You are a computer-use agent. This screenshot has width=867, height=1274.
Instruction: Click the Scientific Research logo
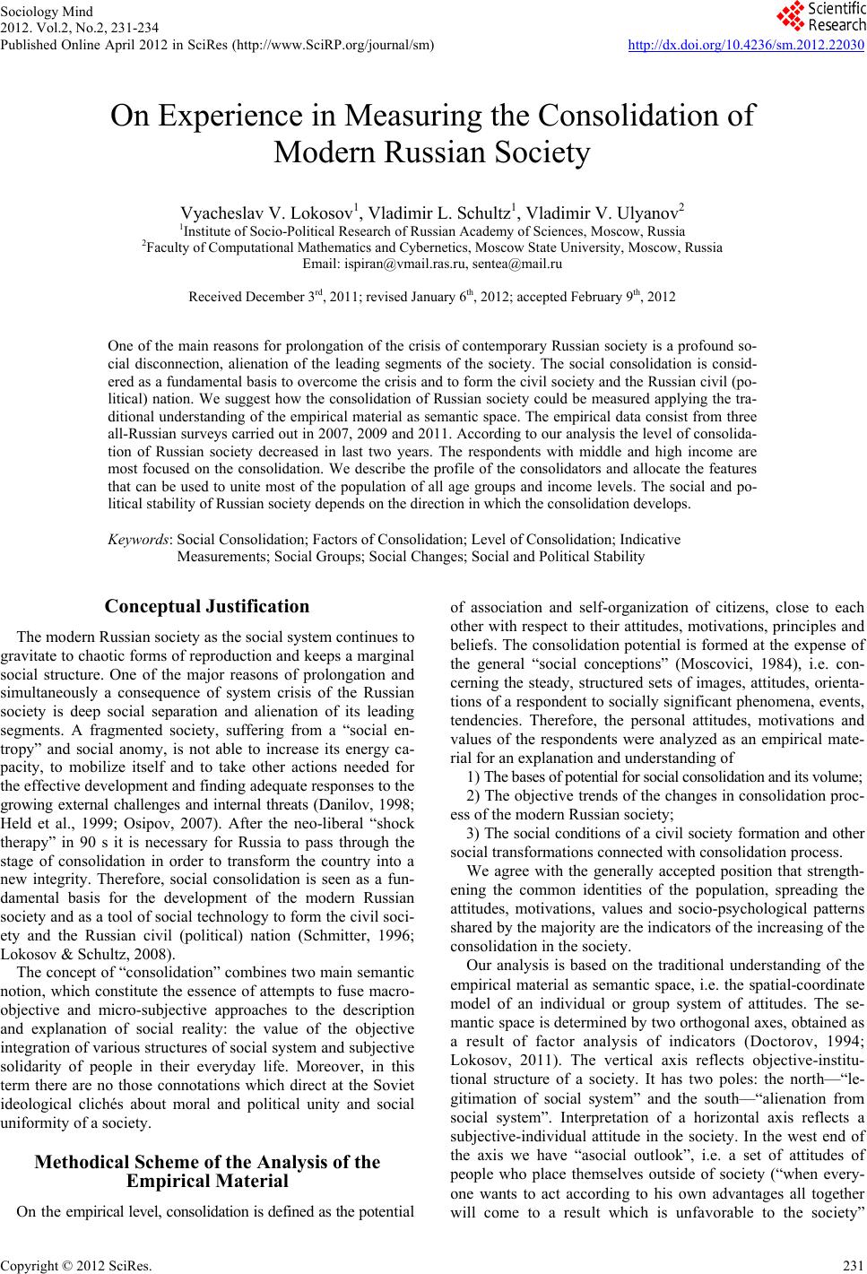click(821, 18)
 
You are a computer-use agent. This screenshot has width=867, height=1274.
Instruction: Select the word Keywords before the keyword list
click(140, 540)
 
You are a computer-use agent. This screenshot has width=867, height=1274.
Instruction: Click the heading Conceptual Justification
click(207, 607)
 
